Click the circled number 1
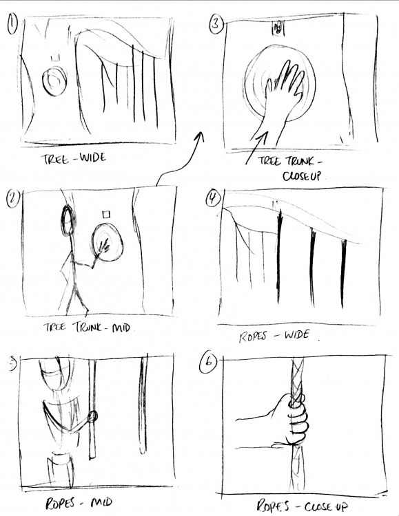(x=12, y=25)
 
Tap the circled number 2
(x=13, y=198)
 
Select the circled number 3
(x=216, y=24)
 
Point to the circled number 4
(x=213, y=198)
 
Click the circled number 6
(x=208, y=363)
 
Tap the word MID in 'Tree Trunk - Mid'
(x=121, y=327)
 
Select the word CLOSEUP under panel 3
(x=301, y=175)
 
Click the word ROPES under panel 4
(x=252, y=337)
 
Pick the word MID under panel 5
(x=101, y=502)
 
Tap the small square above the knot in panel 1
(x=55, y=58)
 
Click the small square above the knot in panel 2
(x=106, y=215)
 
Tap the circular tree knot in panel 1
(x=54, y=81)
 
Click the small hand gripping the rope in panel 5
(x=92, y=416)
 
